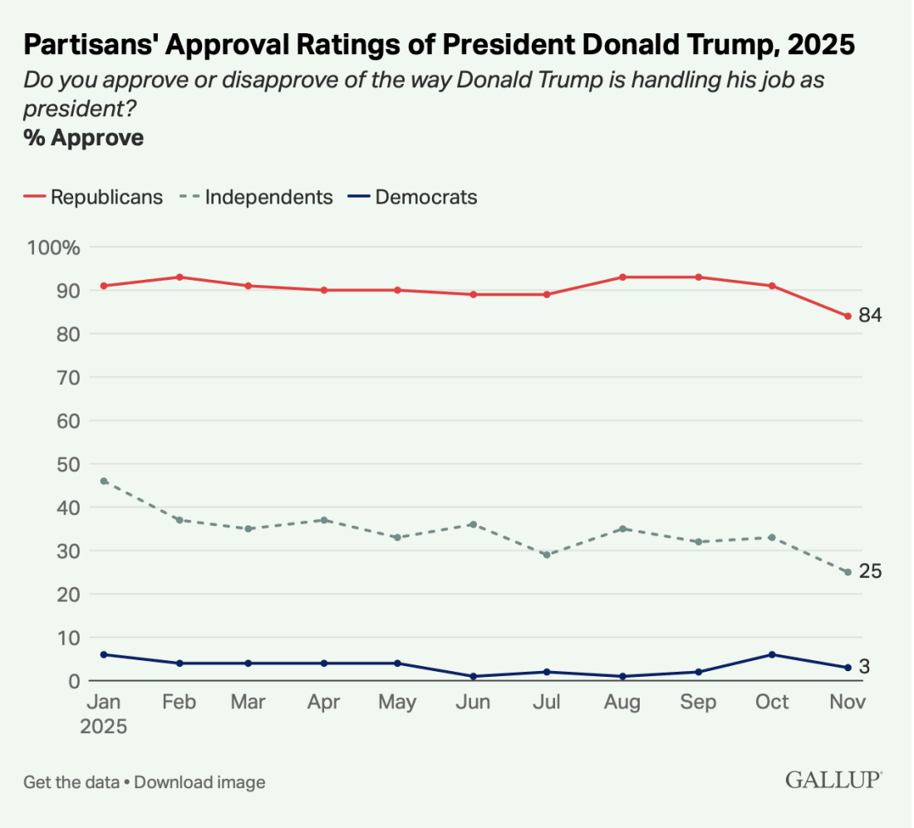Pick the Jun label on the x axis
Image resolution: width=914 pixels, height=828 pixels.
click(x=473, y=703)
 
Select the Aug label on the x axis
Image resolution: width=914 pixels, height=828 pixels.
click(x=622, y=703)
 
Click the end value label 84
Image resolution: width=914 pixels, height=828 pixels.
click(x=870, y=316)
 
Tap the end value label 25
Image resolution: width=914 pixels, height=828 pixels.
click(x=870, y=571)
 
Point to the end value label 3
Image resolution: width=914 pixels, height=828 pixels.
click(x=865, y=667)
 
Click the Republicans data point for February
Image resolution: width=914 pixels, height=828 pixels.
click(x=179, y=277)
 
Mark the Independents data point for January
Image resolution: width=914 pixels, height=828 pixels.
click(x=104, y=481)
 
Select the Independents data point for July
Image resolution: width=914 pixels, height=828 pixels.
click(x=547, y=555)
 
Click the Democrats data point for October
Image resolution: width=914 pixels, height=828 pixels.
click(x=773, y=654)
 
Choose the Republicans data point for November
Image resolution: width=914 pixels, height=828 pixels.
click(x=848, y=316)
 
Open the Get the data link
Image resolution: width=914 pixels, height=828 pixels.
click(x=71, y=782)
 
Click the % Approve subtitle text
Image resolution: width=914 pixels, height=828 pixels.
click(x=83, y=138)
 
